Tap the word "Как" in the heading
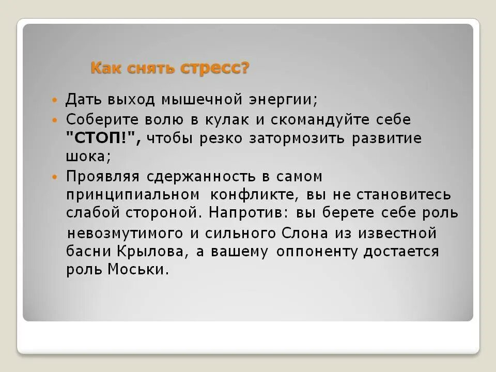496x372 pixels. (x=106, y=68)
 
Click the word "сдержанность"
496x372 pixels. (x=203, y=177)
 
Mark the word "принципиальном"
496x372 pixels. (x=133, y=195)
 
